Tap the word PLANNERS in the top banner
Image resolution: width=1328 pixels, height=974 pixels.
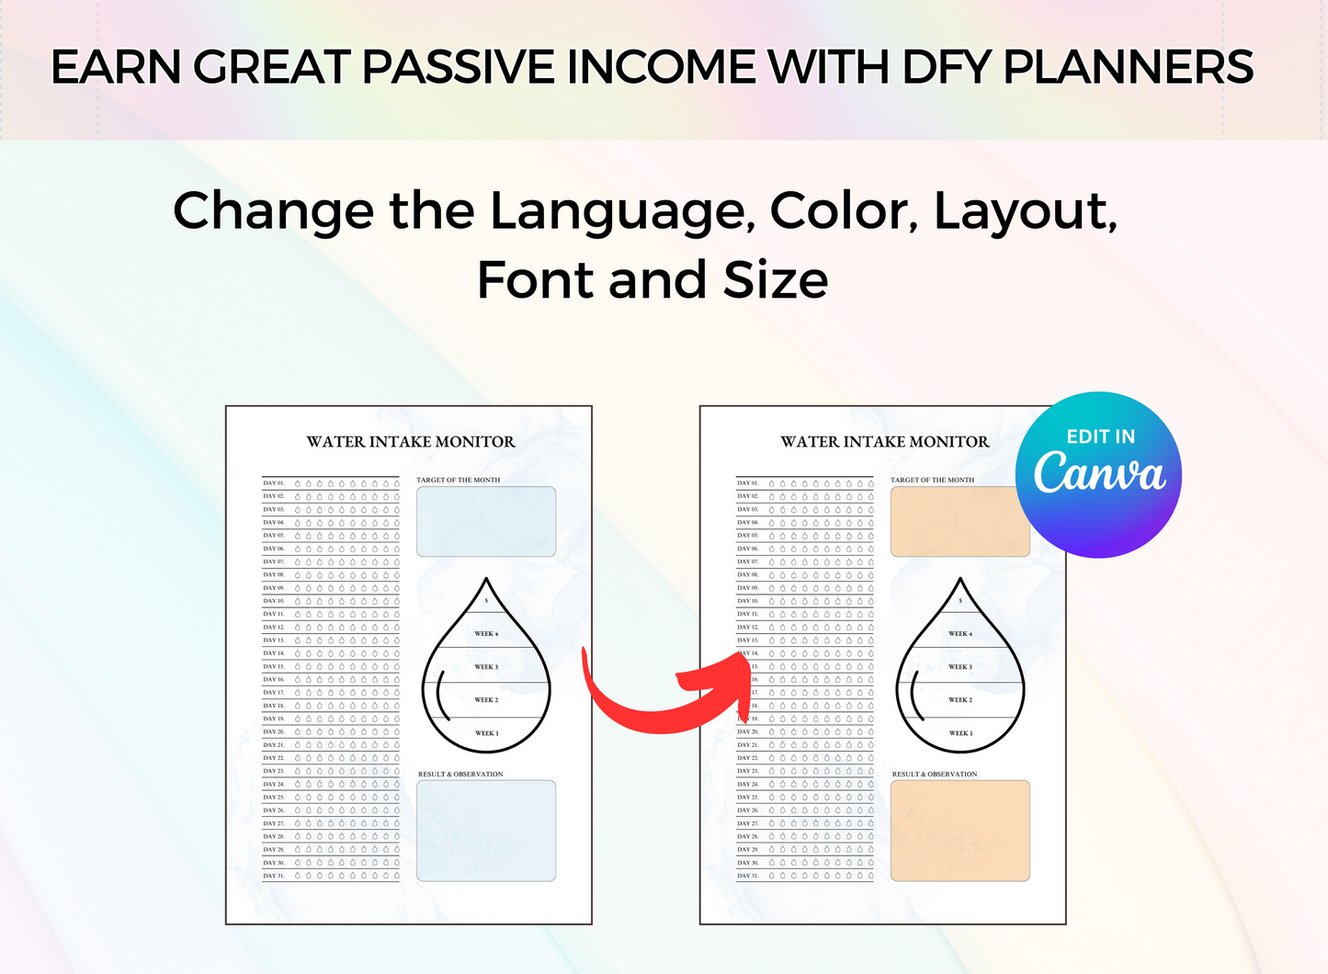click(x=1128, y=67)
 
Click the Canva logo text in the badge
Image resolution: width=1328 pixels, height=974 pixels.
click(x=1099, y=473)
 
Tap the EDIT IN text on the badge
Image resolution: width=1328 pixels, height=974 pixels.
click(x=1100, y=436)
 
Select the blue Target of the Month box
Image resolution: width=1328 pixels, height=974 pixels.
click(x=486, y=522)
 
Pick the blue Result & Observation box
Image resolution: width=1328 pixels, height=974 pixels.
click(x=486, y=831)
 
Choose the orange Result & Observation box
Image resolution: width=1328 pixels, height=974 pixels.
click(x=960, y=831)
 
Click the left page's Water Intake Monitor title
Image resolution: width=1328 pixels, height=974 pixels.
click(x=411, y=442)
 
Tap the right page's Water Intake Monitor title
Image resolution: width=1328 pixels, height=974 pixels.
click(x=885, y=442)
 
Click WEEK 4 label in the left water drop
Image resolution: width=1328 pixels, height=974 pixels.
click(x=486, y=634)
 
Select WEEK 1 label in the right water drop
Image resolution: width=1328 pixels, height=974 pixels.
click(x=960, y=733)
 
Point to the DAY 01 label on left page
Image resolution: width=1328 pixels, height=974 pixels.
click(x=274, y=482)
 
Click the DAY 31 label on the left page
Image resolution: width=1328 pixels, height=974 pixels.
click(x=274, y=876)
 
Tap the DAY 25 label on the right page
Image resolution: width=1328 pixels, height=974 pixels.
click(x=748, y=798)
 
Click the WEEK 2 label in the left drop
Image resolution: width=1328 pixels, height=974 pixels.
click(x=486, y=700)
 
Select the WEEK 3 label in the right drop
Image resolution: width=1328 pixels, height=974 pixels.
click(x=960, y=667)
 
